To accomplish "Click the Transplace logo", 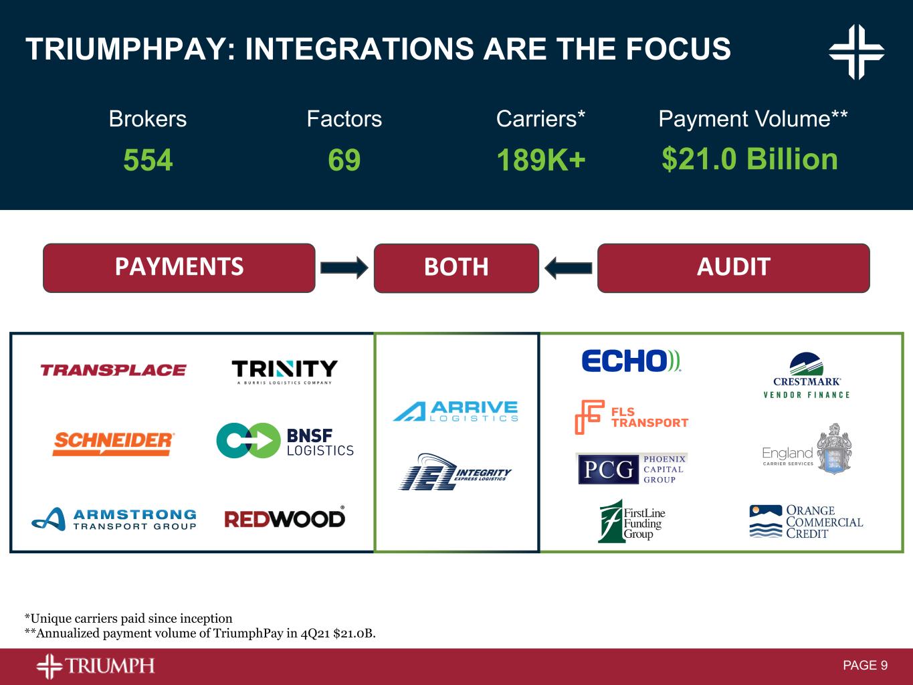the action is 113,370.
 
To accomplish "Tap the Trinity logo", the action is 284,372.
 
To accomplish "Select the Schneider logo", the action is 113,444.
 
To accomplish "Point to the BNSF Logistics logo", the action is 285,441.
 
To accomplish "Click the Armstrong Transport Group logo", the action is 114,519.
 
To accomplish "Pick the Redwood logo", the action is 285,517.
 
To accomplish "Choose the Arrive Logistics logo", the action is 456,411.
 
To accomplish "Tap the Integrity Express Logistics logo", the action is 455,472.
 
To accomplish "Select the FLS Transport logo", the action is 631,417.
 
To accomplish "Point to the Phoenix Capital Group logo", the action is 632,469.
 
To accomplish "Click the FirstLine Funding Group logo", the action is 631,521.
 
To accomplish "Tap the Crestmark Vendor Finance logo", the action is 807,375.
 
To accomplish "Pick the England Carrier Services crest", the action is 834,449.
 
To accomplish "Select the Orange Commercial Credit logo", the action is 806,522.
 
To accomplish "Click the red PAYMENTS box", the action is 179,268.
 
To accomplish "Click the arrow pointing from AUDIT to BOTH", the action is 568,268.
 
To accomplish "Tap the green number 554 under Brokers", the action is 148,160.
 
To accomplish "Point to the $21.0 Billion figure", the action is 750,159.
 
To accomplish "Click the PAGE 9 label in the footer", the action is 865,666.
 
